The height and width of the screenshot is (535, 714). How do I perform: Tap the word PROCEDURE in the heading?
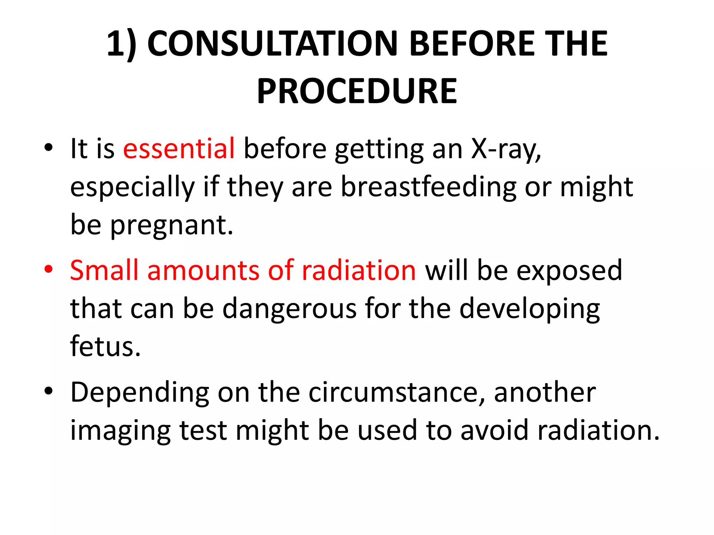(357, 91)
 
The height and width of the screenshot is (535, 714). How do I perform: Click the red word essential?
(179, 149)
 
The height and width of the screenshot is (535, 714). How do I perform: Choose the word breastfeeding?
(428, 187)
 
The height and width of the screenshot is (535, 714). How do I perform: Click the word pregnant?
(172, 226)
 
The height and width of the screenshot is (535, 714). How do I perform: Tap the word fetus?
(105, 346)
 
